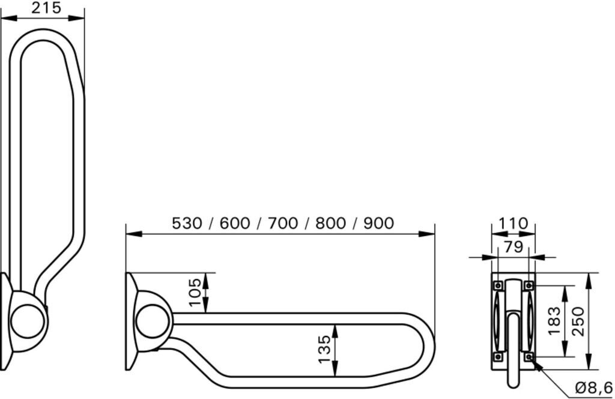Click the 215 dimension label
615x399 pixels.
[x=46, y=8]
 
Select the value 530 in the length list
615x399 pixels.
[x=187, y=224]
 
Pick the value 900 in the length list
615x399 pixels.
[x=378, y=224]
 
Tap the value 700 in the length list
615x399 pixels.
[x=283, y=224]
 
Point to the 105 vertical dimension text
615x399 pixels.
[x=195, y=293]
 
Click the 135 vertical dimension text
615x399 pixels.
[x=325, y=350]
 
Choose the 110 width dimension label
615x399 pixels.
[x=514, y=224]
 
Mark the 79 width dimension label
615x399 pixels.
[x=514, y=247]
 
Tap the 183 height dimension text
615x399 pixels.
[x=554, y=321]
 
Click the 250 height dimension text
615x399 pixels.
[x=578, y=321]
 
